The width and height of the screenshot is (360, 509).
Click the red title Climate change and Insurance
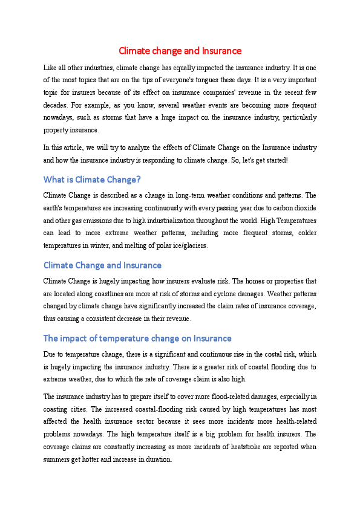[x=180, y=51]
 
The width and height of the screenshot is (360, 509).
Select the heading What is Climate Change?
[x=92, y=180]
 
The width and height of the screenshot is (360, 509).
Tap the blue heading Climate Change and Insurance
[x=102, y=265]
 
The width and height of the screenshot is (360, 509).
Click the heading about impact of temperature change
[x=137, y=338]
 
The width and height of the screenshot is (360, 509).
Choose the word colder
[x=304, y=233]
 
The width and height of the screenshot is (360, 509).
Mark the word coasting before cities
[x=58, y=409]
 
